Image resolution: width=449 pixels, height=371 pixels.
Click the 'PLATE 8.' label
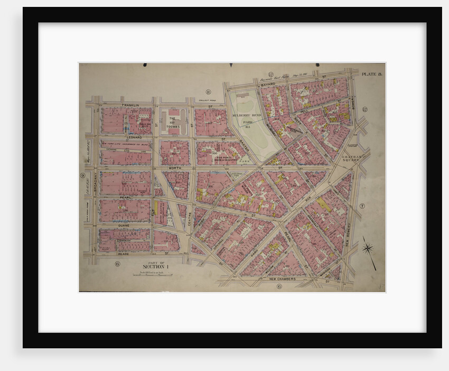pos(372,74)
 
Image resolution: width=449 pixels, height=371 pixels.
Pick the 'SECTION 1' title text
pos(155,267)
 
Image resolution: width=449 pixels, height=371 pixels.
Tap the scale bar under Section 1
pos(155,274)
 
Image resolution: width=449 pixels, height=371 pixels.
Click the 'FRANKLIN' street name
pos(130,105)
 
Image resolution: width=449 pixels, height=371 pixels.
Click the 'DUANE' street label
pos(123,225)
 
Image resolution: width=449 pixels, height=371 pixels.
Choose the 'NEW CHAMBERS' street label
pos(285,278)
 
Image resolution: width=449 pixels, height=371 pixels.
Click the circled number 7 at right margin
pos(362,206)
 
